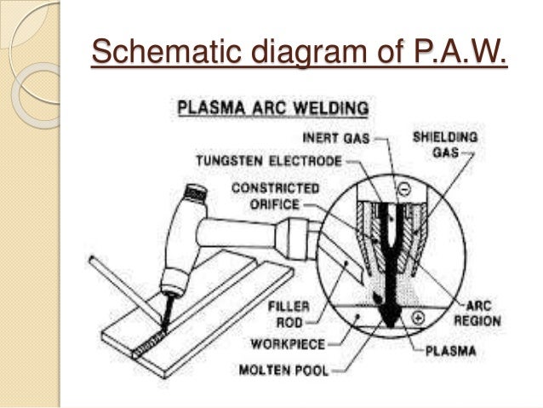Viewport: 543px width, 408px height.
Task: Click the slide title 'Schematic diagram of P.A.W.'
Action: [x=299, y=52]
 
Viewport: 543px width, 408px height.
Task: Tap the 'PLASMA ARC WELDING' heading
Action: [x=271, y=109]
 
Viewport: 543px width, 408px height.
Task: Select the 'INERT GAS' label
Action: [x=338, y=137]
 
